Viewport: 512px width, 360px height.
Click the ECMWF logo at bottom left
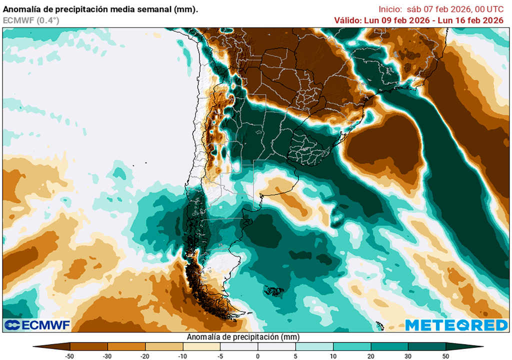tap(37, 325)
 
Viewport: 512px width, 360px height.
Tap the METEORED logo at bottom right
tap(456, 325)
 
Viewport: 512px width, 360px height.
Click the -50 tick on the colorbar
tap(70, 355)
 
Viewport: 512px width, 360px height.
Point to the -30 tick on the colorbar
tap(107, 355)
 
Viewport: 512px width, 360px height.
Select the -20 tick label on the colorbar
tap(145, 355)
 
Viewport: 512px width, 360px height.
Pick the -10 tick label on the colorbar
tap(182, 355)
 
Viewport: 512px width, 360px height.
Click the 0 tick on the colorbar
tap(258, 355)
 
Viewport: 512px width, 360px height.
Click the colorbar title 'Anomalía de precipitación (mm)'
tap(243, 337)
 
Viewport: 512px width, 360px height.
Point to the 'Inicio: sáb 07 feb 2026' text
tap(421, 9)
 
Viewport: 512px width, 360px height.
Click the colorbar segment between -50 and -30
tap(89, 346)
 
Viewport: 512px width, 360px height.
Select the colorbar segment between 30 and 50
tap(427, 346)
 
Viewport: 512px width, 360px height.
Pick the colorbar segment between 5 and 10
tap(314, 346)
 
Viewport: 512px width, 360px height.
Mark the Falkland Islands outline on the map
tap(273, 290)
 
